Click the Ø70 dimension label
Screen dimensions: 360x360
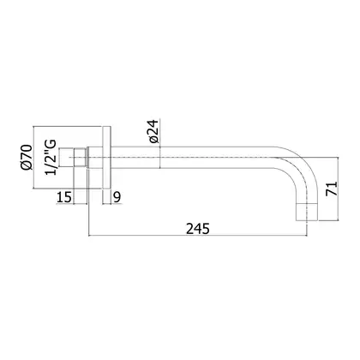27,158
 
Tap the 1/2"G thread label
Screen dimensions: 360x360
51,157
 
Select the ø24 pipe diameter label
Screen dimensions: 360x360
153,131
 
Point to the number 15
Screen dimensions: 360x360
63,197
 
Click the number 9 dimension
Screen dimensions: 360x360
117,197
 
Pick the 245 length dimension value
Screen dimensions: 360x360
198,229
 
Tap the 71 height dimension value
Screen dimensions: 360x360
332,189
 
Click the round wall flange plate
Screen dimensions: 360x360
106,158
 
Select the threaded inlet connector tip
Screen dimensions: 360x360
66,157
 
